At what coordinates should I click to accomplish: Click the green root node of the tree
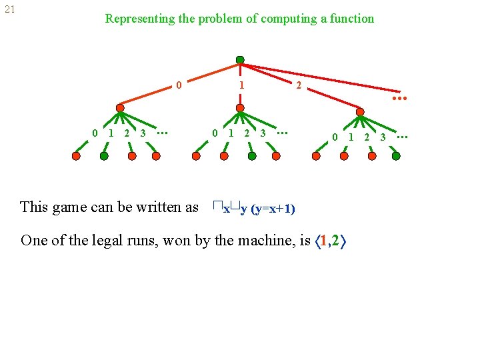point(240,60)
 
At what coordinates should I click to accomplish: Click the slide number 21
point(9,10)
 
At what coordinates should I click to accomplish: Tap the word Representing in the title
point(140,19)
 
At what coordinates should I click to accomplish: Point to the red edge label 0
point(179,85)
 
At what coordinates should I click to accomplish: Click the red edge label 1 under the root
point(241,85)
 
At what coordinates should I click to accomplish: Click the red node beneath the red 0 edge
point(120,108)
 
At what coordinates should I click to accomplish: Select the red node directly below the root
point(239,108)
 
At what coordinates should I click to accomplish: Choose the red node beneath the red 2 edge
point(360,113)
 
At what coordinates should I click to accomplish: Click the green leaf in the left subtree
point(104,156)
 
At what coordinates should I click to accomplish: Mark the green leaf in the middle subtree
point(251,156)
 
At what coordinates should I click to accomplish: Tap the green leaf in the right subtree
point(396,156)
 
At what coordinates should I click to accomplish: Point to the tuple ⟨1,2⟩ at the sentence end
point(331,240)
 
